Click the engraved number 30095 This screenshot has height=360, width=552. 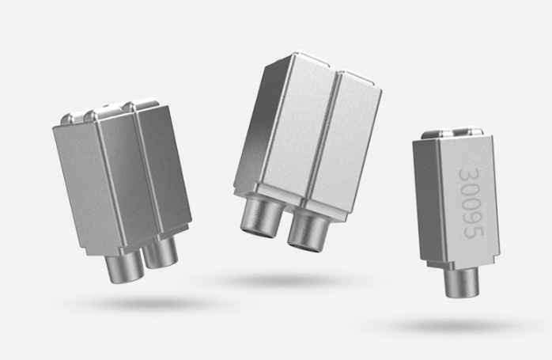[472, 203]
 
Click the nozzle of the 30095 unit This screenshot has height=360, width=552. [462, 283]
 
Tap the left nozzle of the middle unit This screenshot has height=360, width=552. [261, 215]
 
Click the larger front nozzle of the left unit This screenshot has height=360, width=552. [125, 267]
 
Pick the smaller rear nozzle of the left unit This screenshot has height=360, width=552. [161, 252]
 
